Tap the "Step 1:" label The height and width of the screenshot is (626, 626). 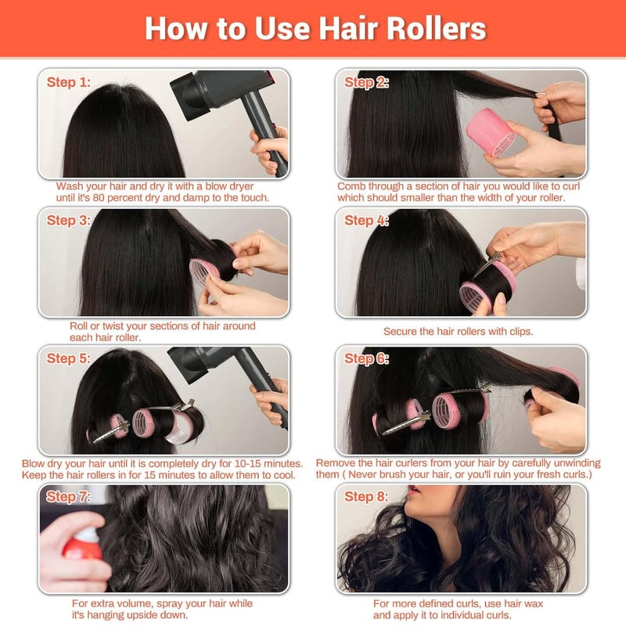[x=69, y=82]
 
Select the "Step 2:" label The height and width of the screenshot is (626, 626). [x=366, y=82]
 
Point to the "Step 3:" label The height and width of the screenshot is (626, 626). [x=69, y=221]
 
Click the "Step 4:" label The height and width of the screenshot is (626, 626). [x=366, y=221]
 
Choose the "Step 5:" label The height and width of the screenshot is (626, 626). [x=69, y=358]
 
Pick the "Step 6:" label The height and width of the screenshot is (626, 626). [x=366, y=358]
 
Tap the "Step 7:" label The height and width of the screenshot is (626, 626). [x=69, y=496]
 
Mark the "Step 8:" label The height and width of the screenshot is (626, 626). [x=366, y=496]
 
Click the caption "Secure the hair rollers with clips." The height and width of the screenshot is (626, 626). [x=458, y=331]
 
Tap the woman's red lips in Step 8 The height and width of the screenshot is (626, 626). [x=412, y=502]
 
